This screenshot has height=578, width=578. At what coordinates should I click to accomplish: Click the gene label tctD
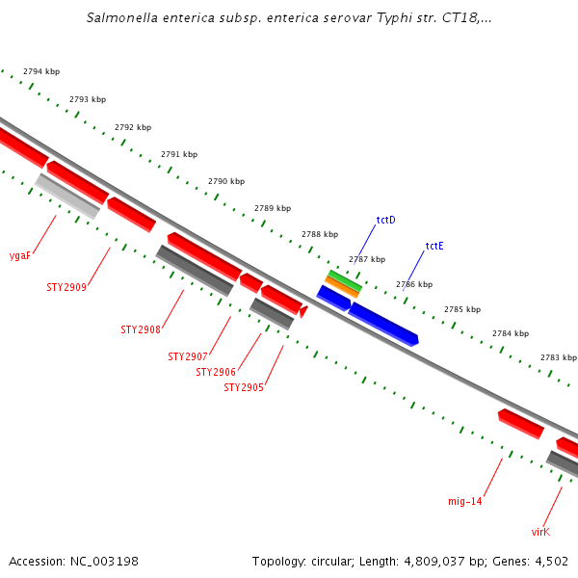pos(385,221)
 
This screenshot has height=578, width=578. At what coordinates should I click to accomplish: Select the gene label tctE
pos(434,246)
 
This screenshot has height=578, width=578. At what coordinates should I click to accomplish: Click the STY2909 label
pos(66,287)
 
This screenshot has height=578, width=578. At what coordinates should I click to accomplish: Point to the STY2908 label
pos(141,329)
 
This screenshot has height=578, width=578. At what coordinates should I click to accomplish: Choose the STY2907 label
pos(188,356)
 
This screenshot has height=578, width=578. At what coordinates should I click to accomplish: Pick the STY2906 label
pos(216,372)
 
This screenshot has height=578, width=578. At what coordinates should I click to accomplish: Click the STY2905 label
pos(244,387)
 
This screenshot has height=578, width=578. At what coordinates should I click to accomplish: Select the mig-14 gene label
pos(465,501)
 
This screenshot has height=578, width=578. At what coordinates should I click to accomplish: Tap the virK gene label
pos(540,531)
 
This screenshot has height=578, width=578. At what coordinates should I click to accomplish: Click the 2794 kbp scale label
pos(41,72)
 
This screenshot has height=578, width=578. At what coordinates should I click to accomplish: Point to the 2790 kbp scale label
pos(226,181)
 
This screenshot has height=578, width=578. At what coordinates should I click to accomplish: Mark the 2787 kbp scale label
pos(366,259)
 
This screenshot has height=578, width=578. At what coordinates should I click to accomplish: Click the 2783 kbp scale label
pos(558,357)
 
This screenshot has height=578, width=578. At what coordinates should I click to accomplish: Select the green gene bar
pos(344,280)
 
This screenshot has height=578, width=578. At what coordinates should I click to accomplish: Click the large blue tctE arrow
pos(382,323)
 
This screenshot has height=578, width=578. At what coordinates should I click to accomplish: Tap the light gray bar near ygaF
pos(67,196)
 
